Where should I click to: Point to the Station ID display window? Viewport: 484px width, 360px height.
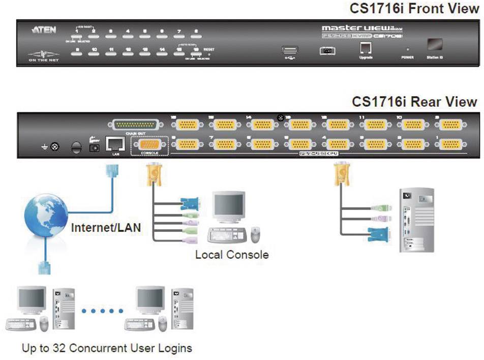click(434, 45)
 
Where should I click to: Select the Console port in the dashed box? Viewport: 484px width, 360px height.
click(149, 145)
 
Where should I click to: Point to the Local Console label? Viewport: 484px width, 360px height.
click(232, 254)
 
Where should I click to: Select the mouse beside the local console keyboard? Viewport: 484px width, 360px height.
click(256, 234)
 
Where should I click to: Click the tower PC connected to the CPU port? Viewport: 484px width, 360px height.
click(416, 221)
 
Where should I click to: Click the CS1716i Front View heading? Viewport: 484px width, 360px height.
click(414, 9)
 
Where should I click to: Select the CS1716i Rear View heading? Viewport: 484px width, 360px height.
click(415, 102)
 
